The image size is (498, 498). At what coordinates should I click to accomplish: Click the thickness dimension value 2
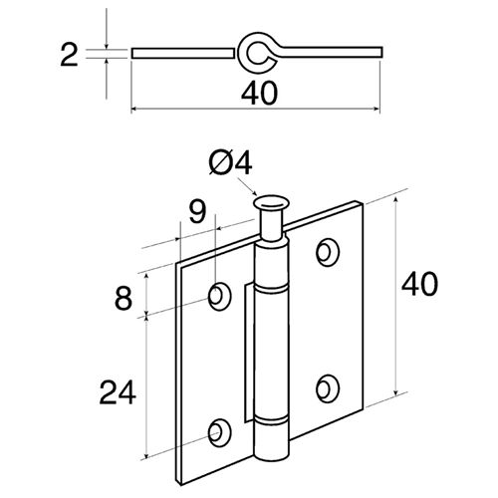pos(69,55)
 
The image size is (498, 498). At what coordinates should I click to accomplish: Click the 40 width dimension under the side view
pos(259,94)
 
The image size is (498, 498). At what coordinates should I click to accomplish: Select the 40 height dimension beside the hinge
pos(419,283)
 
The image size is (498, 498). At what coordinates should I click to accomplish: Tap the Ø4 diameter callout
pos(231,163)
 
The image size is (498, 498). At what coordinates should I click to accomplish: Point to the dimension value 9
pos(197,211)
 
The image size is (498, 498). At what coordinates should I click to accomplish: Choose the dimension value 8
pos(124,299)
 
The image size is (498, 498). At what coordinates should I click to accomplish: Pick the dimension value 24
pos(118,392)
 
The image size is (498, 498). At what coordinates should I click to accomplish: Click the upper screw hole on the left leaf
pos(219,296)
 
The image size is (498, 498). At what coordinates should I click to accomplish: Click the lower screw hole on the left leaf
pos(219,433)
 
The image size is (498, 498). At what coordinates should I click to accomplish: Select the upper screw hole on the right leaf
pos(328,252)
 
